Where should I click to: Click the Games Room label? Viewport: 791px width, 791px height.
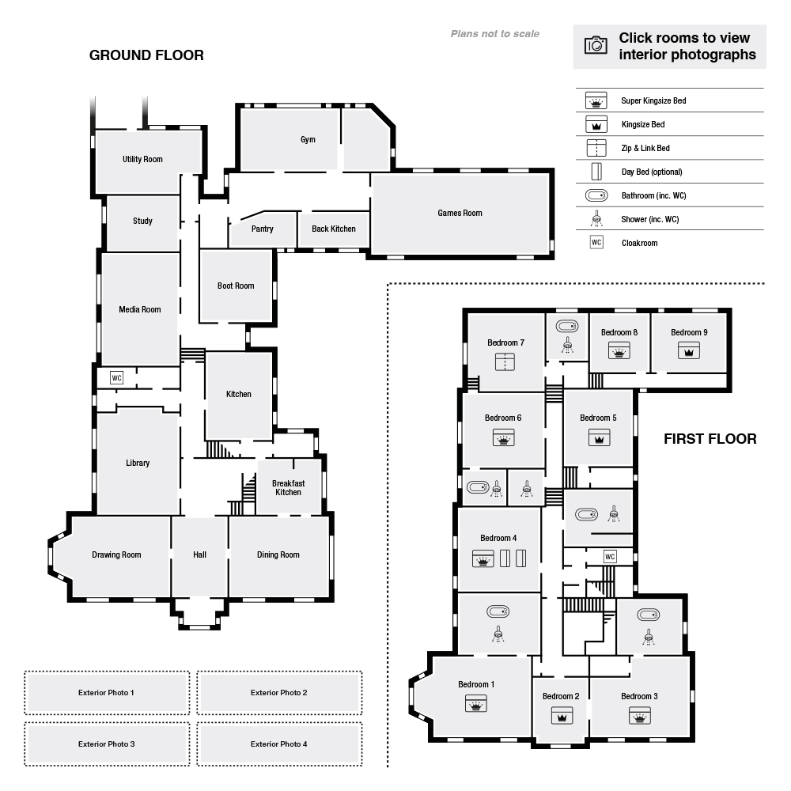pyautogui.click(x=460, y=213)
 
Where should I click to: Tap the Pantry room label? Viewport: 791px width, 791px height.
pyautogui.click(x=263, y=229)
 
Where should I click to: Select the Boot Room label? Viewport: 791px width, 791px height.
pyautogui.click(x=236, y=286)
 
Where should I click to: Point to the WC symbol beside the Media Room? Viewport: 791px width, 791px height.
pyautogui.click(x=116, y=378)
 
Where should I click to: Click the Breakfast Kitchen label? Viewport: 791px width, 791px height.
pyautogui.click(x=288, y=487)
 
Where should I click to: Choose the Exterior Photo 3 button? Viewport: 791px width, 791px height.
pyautogui.click(x=107, y=744)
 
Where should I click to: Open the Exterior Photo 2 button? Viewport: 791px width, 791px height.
pyautogui.click(x=279, y=693)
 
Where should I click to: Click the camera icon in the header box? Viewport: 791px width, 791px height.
pyautogui.click(x=596, y=45)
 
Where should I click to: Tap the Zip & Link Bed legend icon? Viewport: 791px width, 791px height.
pyautogui.click(x=596, y=148)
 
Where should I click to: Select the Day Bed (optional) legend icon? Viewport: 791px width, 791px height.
pyautogui.click(x=596, y=172)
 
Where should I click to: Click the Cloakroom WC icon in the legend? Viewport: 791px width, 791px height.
pyautogui.click(x=596, y=243)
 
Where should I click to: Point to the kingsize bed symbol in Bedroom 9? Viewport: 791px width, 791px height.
pyautogui.click(x=689, y=350)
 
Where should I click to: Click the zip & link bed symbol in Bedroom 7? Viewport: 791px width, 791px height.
pyautogui.click(x=505, y=361)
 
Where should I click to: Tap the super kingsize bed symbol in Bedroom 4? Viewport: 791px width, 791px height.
pyautogui.click(x=483, y=558)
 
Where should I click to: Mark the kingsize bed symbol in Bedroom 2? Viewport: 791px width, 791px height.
pyautogui.click(x=562, y=715)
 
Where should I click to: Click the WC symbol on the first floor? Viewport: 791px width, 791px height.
pyautogui.click(x=610, y=556)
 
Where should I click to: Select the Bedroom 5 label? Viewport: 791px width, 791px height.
pyautogui.click(x=598, y=418)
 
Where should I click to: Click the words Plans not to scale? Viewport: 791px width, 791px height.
pyautogui.click(x=495, y=34)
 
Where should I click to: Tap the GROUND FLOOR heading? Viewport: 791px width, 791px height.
pyautogui.click(x=146, y=55)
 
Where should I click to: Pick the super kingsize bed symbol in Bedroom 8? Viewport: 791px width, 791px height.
pyautogui.click(x=619, y=350)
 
